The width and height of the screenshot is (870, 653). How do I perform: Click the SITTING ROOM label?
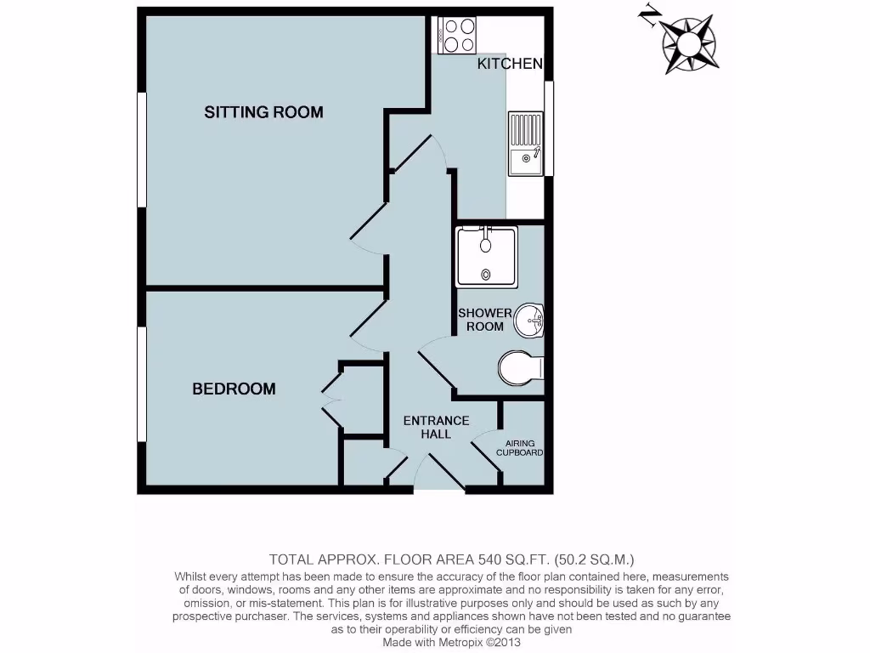[x=263, y=112]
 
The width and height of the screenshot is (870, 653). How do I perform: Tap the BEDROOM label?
[x=234, y=389]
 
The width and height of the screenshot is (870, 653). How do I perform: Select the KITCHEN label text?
[x=509, y=64]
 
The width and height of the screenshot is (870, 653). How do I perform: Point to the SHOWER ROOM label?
[x=485, y=320]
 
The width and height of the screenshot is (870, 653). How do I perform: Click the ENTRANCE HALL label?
[x=436, y=427]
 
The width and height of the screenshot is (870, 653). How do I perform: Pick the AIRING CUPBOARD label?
[x=524, y=448]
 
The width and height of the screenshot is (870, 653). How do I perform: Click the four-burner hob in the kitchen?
[x=458, y=35]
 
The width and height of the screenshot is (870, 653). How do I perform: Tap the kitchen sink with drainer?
[x=526, y=143]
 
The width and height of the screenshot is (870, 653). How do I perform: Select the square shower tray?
[x=485, y=256]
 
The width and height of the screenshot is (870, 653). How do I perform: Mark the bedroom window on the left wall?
[x=142, y=384]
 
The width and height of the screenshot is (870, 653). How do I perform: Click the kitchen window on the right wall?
[x=549, y=129]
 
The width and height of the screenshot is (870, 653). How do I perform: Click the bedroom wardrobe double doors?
[x=330, y=399]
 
